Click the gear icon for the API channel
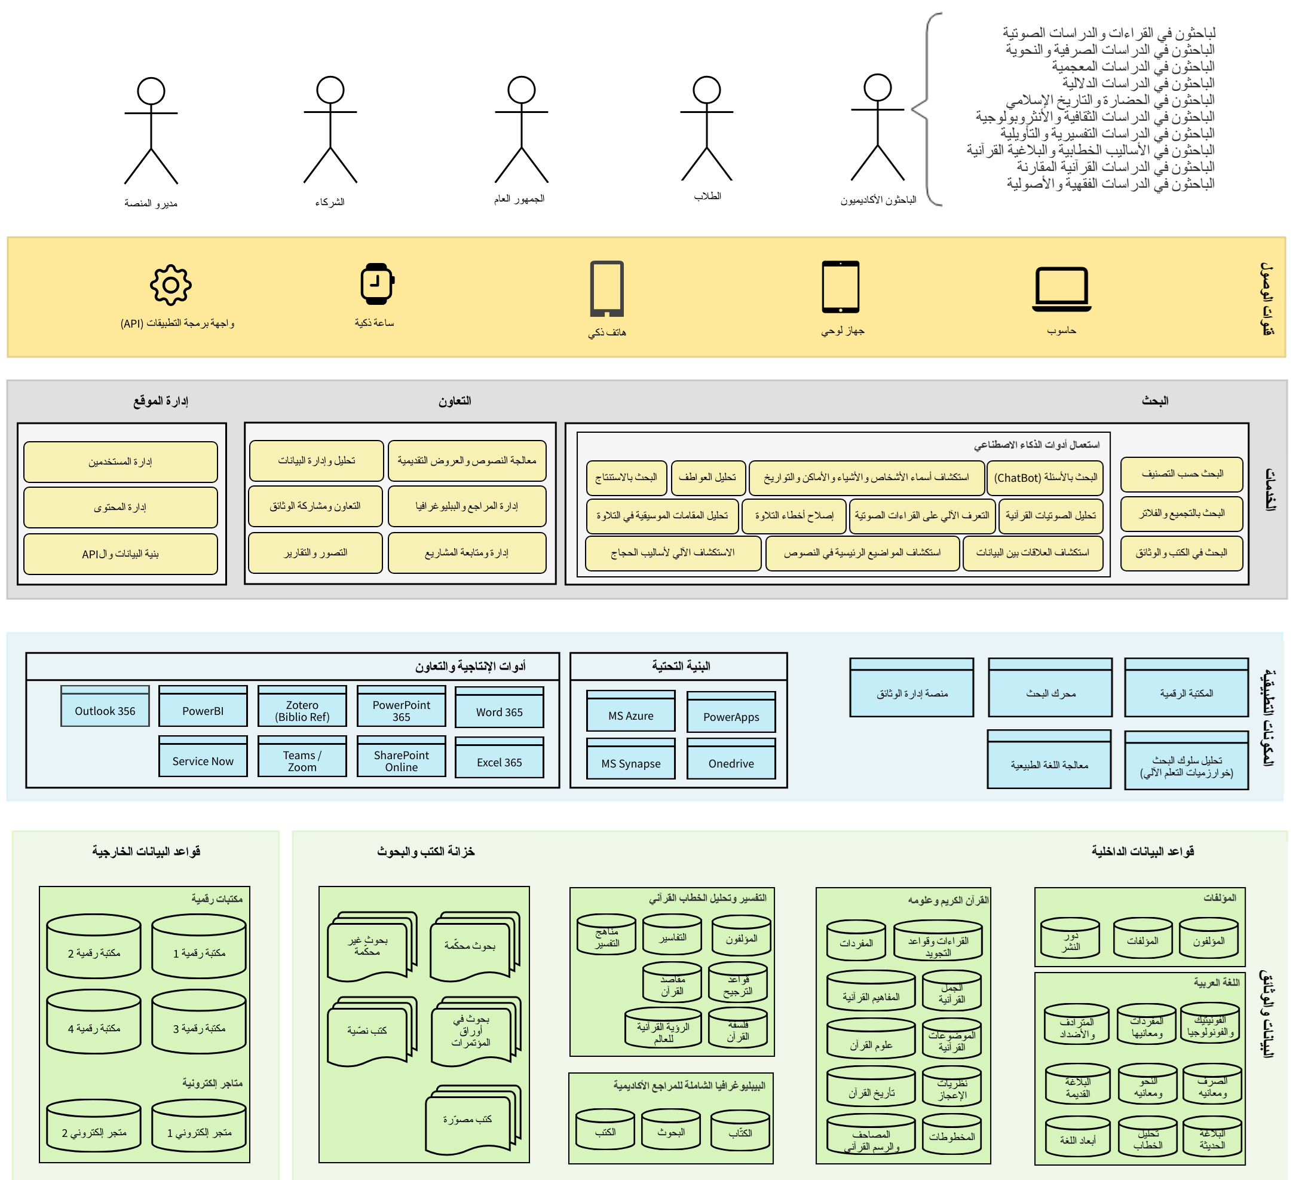(x=171, y=285)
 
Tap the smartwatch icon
(x=377, y=283)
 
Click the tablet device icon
(x=840, y=287)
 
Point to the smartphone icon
(x=606, y=289)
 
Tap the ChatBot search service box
(x=1045, y=478)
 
